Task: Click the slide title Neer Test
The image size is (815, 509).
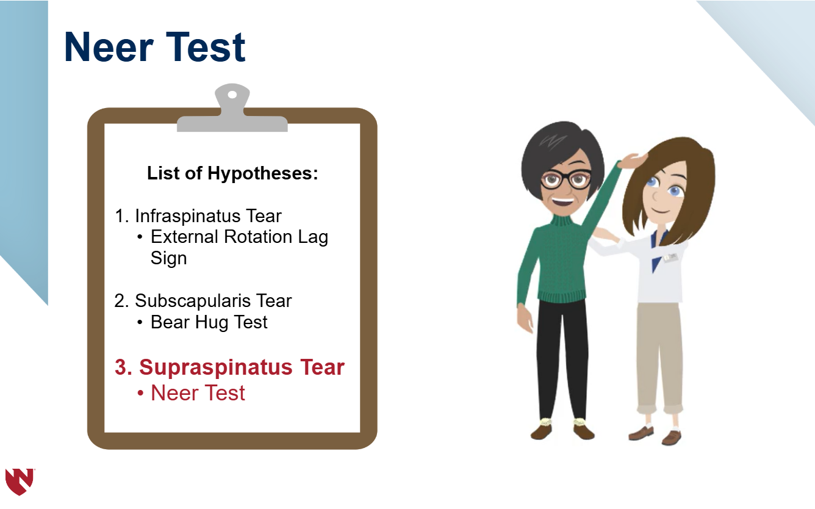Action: click(154, 48)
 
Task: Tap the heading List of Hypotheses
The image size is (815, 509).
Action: click(232, 173)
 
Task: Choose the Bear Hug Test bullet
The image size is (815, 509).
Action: click(209, 322)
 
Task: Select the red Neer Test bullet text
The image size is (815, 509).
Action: click(198, 393)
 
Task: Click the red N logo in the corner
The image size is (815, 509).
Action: click(19, 481)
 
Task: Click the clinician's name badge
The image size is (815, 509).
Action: click(670, 258)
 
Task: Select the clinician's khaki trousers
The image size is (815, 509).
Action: click(659, 354)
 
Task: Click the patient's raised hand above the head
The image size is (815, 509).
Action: click(633, 160)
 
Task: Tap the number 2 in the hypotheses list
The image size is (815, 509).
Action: click(119, 301)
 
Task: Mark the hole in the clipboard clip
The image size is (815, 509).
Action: click(232, 95)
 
